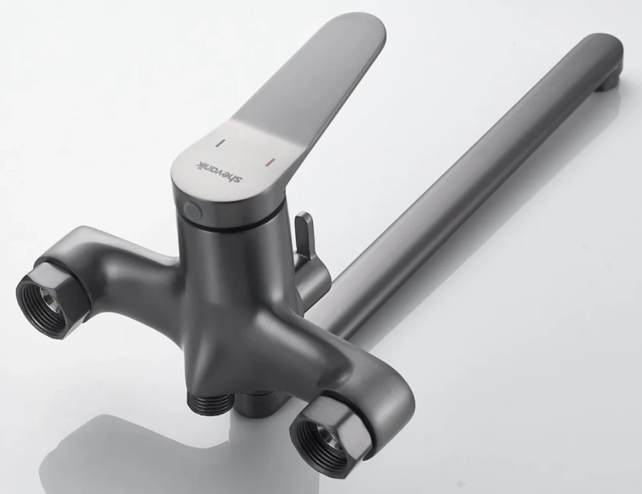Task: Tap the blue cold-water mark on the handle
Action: tap(220, 143)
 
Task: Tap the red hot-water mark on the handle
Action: tap(270, 162)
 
